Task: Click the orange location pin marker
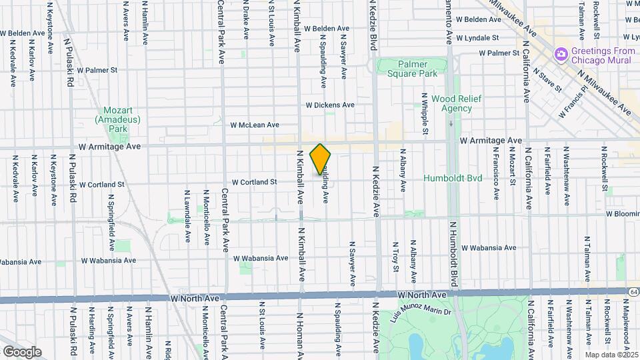pos(321,159)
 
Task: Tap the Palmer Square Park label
pos(413,69)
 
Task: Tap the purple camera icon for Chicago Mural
pos(561,52)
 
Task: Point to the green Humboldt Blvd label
pos(451,179)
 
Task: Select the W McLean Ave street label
pos(255,125)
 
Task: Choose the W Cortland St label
pos(255,182)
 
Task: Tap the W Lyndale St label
pos(476,39)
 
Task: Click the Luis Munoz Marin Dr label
pos(424,311)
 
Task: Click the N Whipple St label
pos(425,113)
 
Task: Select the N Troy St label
pos(395,257)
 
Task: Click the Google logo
pos(22,352)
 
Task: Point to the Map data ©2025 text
pos(611,355)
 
